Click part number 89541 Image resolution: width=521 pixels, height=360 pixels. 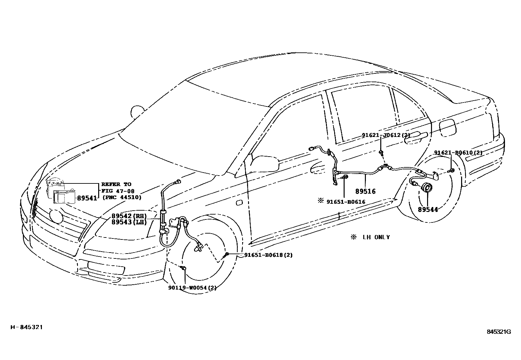click(x=87, y=198)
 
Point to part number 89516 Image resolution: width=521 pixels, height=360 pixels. click(x=366, y=191)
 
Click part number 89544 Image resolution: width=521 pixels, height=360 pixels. click(x=428, y=210)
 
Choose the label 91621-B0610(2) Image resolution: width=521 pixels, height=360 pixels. click(x=458, y=153)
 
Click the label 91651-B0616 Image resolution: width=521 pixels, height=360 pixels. click(x=346, y=202)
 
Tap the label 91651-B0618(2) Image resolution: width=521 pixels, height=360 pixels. click(x=268, y=255)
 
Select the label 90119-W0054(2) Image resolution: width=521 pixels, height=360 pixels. click(x=192, y=288)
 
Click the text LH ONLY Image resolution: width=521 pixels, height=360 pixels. click(x=376, y=237)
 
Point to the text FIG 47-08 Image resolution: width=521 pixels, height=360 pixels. click(x=118, y=191)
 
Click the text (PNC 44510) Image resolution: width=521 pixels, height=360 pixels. click(x=122, y=197)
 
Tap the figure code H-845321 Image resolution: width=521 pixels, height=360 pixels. click(x=27, y=327)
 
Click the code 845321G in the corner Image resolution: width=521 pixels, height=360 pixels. click(x=498, y=332)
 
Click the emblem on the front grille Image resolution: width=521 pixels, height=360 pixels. click(x=56, y=217)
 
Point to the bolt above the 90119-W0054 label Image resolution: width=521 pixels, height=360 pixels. click(x=184, y=269)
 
